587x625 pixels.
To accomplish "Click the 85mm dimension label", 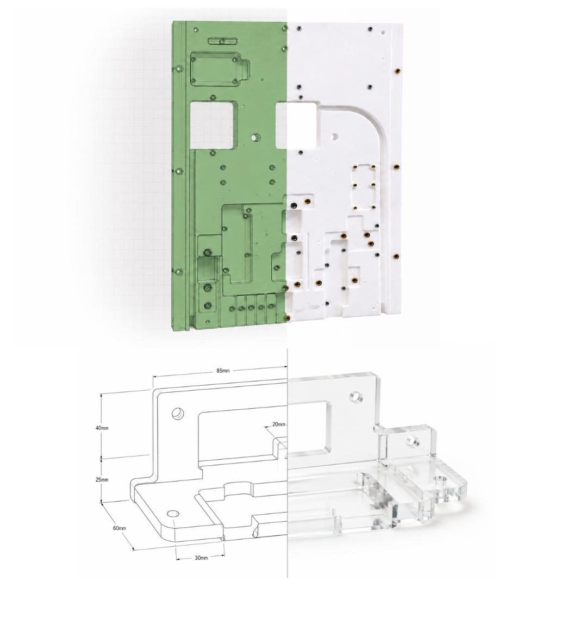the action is [x=223, y=371].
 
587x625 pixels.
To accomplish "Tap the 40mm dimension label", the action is [x=102, y=428].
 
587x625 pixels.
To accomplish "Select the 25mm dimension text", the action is [x=102, y=479].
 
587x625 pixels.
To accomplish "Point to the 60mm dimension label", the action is [x=119, y=528].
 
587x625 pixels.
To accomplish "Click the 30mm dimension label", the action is [x=201, y=558].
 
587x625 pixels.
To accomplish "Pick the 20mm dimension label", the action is [x=279, y=424].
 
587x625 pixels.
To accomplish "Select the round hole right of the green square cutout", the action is [x=254, y=137].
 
